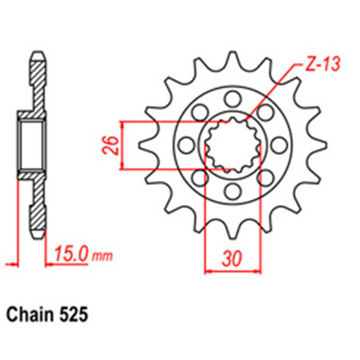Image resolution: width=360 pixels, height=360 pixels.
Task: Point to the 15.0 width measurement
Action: click(x=71, y=254)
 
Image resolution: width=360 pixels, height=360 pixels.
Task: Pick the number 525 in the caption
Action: click(x=76, y=315)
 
